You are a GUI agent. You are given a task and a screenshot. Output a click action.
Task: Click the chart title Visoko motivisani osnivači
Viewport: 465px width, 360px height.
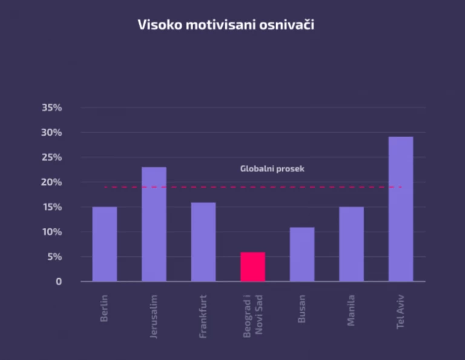pyautogui.click(x=226, y=25)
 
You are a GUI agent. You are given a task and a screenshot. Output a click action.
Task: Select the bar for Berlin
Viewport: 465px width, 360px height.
pyautogui.click(x=104, y=244)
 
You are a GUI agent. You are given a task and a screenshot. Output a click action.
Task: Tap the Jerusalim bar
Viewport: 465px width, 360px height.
pyautogui.click(x=154, y=224)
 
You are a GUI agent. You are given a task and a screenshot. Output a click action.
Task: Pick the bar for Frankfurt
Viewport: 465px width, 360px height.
pyautogui.click(x=203, y=241)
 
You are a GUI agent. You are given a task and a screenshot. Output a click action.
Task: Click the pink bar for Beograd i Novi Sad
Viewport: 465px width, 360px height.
pyautogui.click(x=252, y=267)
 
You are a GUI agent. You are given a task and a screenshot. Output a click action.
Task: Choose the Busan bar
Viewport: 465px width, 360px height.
pyautogui.click(x=302, y=254)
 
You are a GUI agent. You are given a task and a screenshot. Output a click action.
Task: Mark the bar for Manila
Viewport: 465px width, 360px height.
pyautogui.click(x=351, y=244)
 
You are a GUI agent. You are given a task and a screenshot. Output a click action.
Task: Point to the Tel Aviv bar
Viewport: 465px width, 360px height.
pyautogui.click(x=401, y=208)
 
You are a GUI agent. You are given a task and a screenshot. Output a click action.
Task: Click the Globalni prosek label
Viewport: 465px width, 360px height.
pyautogui.click(x=272, y=168)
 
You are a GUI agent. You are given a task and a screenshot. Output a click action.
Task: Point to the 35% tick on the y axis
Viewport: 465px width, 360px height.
pyautogui.click(x=51, y=108)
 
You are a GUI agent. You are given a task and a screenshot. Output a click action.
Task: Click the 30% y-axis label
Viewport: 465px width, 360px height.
pyautogui.click(x=51, y=133)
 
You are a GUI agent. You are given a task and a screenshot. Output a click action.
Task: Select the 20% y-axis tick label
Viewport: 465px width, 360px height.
pyautogui.click(x=51, y=182)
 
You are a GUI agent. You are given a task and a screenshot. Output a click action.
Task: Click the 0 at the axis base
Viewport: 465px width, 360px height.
pyautogui.click(x=59, y=282)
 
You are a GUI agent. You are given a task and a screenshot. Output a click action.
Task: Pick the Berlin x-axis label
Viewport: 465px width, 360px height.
pyautogui.click(x=104, y=308)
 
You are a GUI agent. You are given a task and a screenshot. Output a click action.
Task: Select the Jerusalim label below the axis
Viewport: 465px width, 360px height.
pyautogui.click(x=154, y=316)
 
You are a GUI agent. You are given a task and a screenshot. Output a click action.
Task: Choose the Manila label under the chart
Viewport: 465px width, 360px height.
pyautogui.click(x=351, y=310)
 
